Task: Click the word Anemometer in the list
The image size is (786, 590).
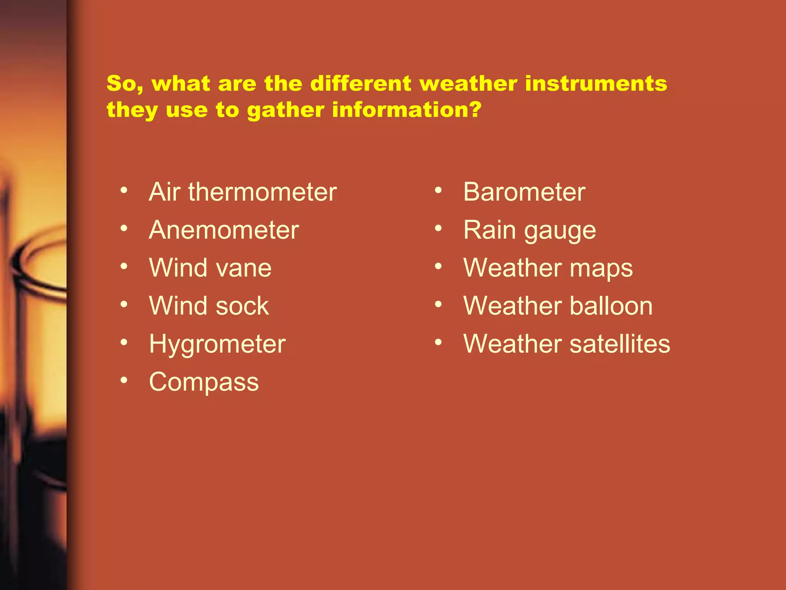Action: (x=224, y=230)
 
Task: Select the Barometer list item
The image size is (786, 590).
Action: (x=524, y=192)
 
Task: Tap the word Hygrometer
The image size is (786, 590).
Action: (x=217, y=344)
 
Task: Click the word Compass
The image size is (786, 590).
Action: (x=204, y=382)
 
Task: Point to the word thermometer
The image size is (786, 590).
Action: (x=262, y=192)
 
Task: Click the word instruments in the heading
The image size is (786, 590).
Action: (x=596, y=84)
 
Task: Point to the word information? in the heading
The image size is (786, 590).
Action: (x=406, y=110)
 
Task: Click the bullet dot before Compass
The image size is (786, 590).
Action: (x=124, y=380)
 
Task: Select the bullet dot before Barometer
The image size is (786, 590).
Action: (x=438, y=190)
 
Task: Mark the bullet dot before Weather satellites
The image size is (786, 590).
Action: (x=438, y=342)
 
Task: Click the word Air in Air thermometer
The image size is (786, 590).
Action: (x=164, y=192)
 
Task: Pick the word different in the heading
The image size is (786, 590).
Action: (x=361, y=84)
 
